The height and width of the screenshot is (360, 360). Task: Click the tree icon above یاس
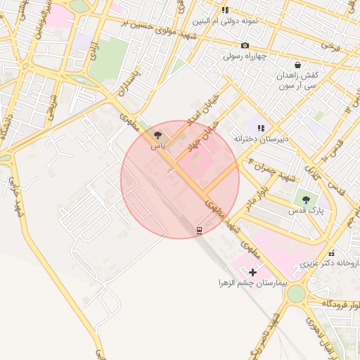(156, 134)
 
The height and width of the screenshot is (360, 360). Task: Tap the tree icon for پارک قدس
(305, 200)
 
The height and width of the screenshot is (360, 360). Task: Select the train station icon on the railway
(199, 230)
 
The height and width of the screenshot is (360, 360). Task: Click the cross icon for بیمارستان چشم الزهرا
(252, 271)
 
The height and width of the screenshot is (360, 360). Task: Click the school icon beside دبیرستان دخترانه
(261, 128)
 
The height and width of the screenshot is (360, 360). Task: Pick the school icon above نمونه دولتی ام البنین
(225, 10)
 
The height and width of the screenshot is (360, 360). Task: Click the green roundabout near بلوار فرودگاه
(297, 292)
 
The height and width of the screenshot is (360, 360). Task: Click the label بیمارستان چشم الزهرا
(252, 283)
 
